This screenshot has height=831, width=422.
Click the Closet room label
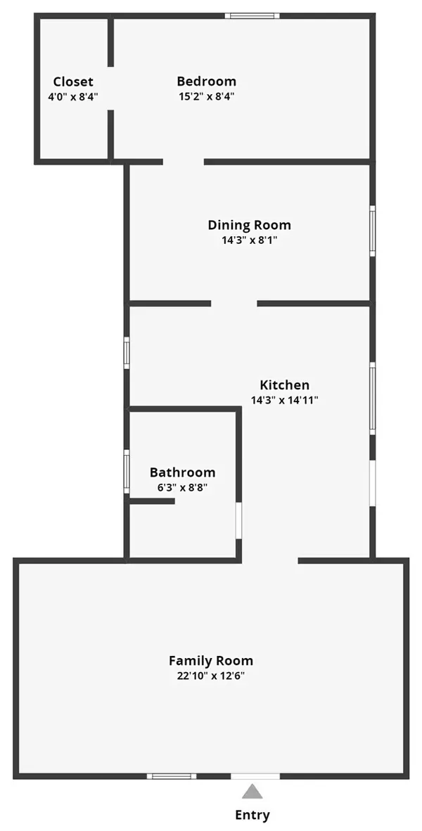73,82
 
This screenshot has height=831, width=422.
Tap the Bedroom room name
206,82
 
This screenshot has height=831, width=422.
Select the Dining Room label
249,225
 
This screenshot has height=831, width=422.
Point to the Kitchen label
284,385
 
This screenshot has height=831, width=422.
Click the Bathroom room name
182,472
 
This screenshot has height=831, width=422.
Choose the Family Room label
210,661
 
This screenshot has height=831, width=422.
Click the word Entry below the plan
252,816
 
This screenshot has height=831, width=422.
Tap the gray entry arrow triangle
252,792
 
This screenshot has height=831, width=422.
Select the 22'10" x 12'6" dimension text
210,676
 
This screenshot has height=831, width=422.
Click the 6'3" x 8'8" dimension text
182,487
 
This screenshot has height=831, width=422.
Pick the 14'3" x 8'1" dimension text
249,240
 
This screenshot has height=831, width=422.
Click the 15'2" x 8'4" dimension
206,96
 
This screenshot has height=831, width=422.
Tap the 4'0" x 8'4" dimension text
73,96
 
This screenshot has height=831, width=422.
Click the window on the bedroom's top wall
252,15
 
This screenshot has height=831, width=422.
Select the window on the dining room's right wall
372,230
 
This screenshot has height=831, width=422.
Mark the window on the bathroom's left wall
127,470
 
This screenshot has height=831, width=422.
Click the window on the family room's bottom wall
171,776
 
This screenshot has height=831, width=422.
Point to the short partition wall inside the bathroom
152,501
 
